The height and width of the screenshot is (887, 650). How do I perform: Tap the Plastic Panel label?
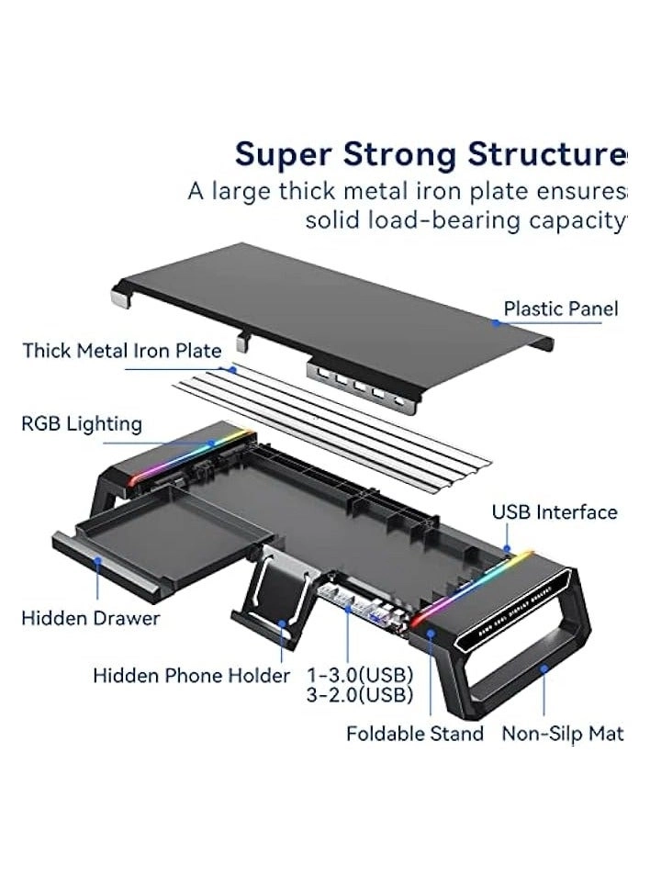(x=560, y=309)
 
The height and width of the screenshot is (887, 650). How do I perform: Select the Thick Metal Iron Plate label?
(x=122, y=351)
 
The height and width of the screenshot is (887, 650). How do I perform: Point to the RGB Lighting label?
(x=82, y=424)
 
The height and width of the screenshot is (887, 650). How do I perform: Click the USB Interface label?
(x=555, y=512)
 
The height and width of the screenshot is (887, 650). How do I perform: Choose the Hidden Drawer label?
(x=90, y=618)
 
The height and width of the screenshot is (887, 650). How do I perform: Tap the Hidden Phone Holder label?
(x=191, y=676)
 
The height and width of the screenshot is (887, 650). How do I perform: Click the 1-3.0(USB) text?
(x=359, y=675)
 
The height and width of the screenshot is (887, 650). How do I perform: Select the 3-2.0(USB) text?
(x=359, y=695)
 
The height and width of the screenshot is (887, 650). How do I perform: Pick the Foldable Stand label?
(x=414, y=734)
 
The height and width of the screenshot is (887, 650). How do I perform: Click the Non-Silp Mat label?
(x=562, y=734)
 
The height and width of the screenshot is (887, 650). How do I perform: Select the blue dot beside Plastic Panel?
(x=496, y=322)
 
